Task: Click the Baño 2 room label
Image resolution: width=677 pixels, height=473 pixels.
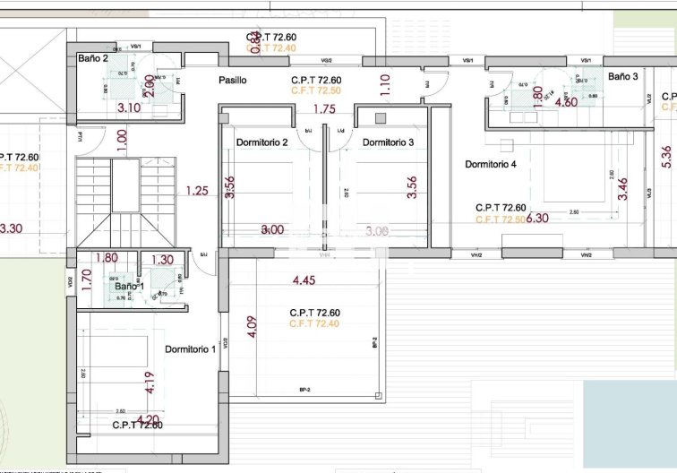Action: click(93, 58)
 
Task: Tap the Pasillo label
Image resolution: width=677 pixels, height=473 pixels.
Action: click(233, 81)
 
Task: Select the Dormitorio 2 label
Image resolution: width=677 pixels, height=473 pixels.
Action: click(261, 142)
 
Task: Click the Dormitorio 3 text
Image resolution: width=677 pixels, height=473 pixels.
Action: click(388, 142)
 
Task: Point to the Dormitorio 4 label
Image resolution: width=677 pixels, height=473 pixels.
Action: click(491, 164)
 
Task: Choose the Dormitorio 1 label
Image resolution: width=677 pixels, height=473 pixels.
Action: click(190, 349)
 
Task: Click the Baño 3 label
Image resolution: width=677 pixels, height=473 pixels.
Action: click(623, 77)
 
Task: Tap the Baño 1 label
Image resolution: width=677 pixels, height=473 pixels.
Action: click(129, 287)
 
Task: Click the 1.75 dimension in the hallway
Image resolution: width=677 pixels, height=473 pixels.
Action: click(324, 109)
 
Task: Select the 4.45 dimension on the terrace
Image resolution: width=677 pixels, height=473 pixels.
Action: click(304, 280)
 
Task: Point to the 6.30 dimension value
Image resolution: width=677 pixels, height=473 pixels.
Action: click(537, 218)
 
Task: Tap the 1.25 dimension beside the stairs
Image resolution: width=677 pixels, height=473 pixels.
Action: click(197, 190)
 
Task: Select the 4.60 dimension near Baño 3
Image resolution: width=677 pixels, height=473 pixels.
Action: click(566, 102)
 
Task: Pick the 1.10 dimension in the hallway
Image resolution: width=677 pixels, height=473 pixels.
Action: click(385, 84)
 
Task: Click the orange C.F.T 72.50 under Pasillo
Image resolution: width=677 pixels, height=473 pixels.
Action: click(316, 91)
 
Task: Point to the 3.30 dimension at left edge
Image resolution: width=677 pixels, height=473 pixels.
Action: click(11, 228)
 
